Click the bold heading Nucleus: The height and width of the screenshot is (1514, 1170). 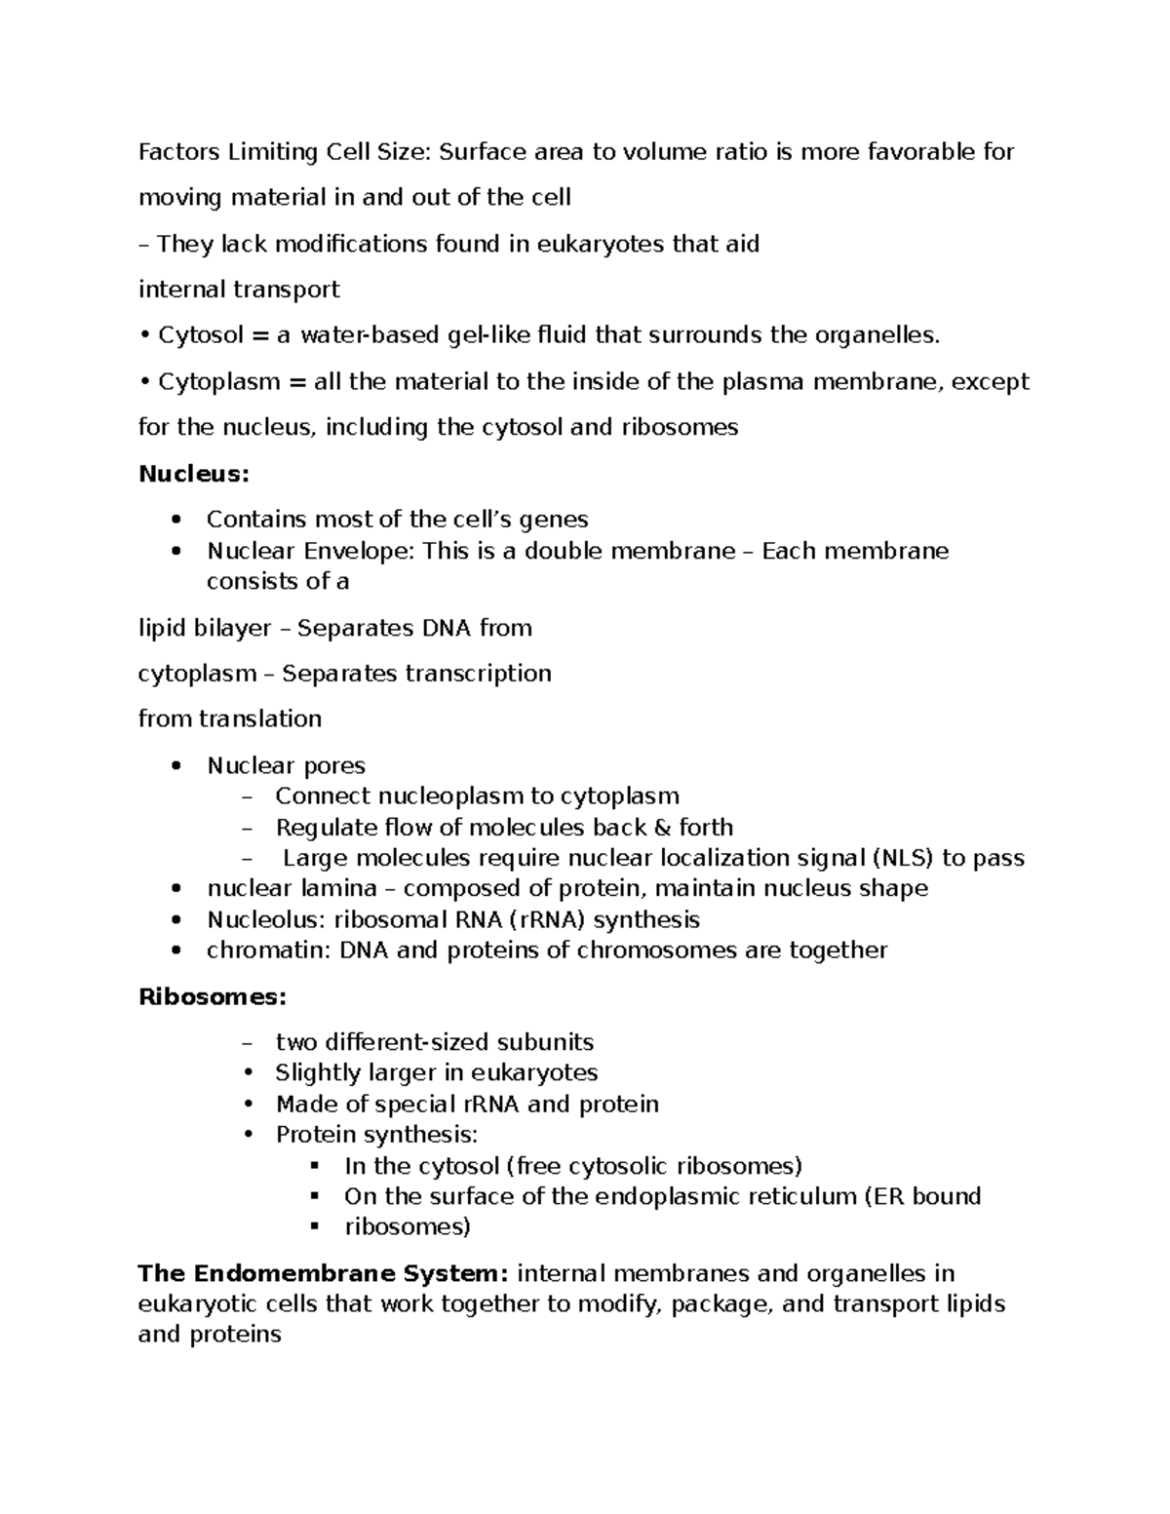194,474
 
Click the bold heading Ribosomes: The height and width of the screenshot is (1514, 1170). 213,996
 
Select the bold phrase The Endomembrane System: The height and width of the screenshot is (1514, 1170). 324,1273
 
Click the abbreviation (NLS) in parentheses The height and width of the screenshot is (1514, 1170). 903,858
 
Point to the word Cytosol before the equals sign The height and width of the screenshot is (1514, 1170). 201,335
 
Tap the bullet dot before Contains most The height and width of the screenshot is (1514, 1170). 175,520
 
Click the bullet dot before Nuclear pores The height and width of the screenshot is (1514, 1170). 175,766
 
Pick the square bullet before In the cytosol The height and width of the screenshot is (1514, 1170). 314,1166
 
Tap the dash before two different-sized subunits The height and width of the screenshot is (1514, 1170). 246,1043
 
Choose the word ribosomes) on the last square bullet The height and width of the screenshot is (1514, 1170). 407,1226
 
